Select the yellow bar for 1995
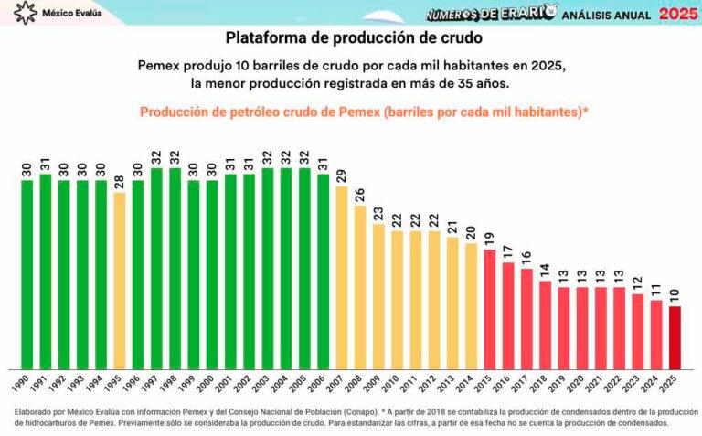[120, 279]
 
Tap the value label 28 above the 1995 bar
[120, 179]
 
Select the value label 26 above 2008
[360, 193]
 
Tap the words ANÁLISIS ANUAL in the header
[606, 16]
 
